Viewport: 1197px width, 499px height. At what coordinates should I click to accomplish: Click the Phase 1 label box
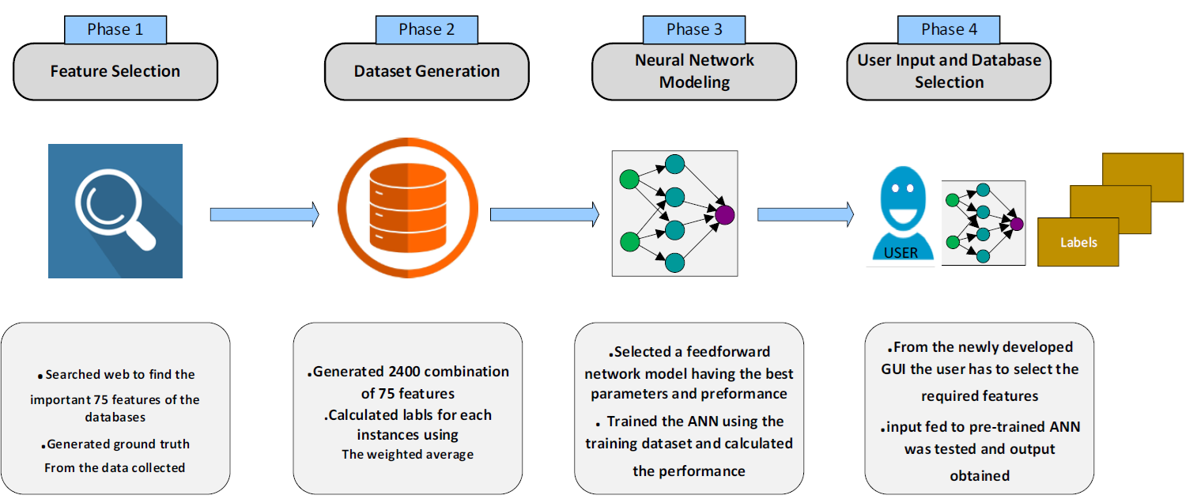click(115, 30)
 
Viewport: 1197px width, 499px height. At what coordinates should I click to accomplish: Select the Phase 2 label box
click(427, 30)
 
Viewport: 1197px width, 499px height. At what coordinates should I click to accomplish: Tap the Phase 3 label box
click(694, 30)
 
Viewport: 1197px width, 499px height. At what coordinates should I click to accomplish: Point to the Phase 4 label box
click(949, 30)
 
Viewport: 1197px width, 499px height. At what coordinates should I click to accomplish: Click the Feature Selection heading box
click(115, 71)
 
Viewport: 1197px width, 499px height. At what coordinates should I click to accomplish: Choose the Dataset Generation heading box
click(427, 71)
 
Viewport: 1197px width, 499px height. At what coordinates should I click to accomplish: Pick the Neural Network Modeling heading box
click(694, 71)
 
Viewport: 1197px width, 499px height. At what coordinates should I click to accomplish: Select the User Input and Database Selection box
click(949, 71)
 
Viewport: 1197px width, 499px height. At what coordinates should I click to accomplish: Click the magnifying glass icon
click(115, 210)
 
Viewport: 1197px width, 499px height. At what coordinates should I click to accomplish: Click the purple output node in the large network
click(724, 214)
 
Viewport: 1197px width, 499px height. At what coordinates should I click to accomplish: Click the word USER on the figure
click(901, 253)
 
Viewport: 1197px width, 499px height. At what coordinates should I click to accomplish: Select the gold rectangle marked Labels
click(1078, 242)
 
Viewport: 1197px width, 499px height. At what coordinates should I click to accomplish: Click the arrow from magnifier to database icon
click(264, 214)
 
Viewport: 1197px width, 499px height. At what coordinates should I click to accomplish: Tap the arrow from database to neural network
click(544, 214)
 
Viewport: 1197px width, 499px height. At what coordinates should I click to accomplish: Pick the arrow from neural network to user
click(806, 214)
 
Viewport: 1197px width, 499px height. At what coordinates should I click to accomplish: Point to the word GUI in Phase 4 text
click(900, 369)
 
